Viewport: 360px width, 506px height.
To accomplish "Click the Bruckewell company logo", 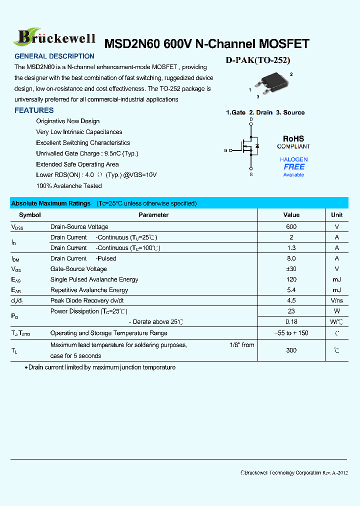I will [56, 36].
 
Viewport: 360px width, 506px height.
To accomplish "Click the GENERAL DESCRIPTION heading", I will [54, 56].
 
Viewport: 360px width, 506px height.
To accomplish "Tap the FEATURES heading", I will [34, 110].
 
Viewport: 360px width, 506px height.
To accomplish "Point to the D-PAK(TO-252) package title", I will [258, 60].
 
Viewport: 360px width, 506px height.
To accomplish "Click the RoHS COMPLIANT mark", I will [293, 142].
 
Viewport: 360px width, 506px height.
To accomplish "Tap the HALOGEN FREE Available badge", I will [293, 167].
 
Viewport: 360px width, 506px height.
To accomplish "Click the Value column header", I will [291, 215].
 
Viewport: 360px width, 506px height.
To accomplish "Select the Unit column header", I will [336, 215].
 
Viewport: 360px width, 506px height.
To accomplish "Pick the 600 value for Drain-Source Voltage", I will [291, 227].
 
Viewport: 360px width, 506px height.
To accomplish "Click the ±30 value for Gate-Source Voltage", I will [291, 269].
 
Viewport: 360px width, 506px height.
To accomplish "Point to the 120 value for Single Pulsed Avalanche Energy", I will [291, 279].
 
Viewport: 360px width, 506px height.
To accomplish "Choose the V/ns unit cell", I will [336, 300].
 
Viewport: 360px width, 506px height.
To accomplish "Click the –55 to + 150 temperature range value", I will [291, 333].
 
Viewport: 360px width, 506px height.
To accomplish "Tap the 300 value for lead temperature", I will [291, 350].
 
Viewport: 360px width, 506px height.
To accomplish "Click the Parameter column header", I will [153, 215].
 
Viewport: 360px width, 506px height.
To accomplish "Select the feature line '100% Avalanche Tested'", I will [69, 186].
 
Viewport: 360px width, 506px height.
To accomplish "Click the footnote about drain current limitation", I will [100, 367].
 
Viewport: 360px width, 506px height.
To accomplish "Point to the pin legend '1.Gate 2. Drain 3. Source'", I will [265, 112].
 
